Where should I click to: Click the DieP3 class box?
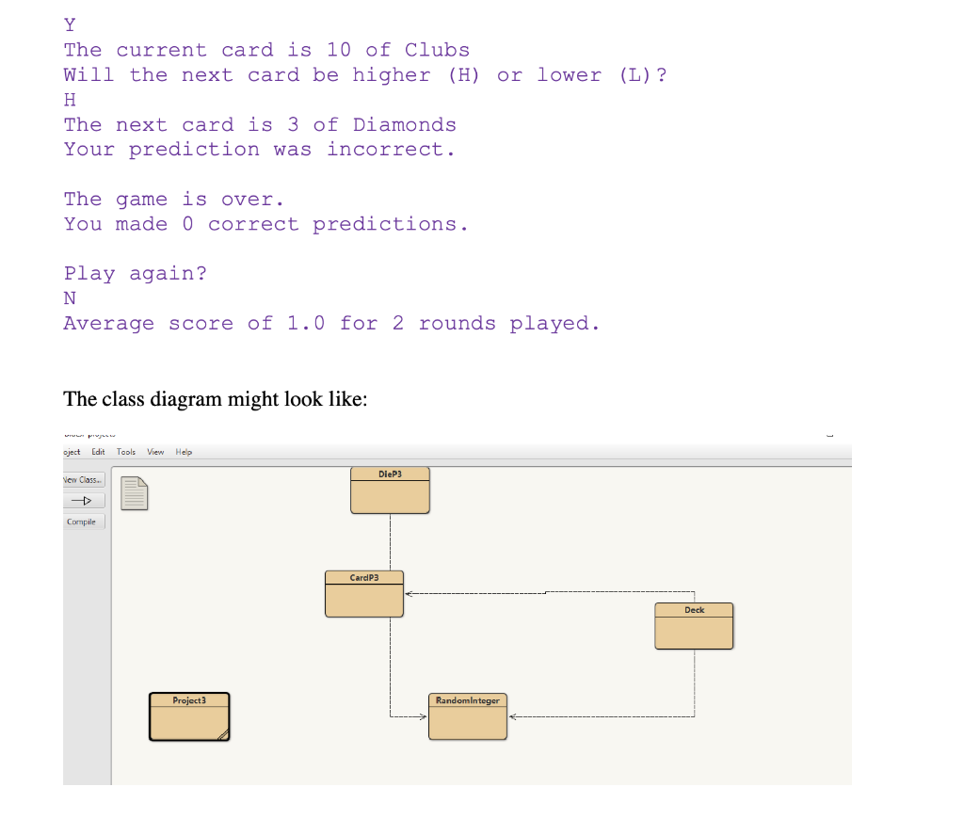pyautogui.click(x=390, y=490)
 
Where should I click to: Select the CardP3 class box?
pyautogui.click(x=363, y=594)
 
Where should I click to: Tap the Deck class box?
pyautogui.click(x=694, y=626)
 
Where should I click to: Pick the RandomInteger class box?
pyautogui.click(x=467, y=716)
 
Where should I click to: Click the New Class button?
pyautogui.click(x=84, y=480)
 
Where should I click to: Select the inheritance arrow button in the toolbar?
pyautogui.click(x=84, y=501)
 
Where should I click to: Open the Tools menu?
pyautogui.click(x=126, y=452)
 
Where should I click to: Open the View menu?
pyautogui.click(x=155, y=452)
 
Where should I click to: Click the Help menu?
pyautogui.click(x=184, y=452)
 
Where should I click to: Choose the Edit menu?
pyautogui.click(x=98, y=452)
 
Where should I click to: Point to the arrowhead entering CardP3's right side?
pyautogui.click(x=409, y=594)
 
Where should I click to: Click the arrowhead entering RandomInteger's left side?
pyautogui.click(x=424, y=716)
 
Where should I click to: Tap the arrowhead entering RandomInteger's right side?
pyautogui.click(x=512, y=716)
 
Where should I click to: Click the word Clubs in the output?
pyautogui.click(x=437, y=50)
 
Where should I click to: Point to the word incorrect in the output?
pyautogui.click(x=390, y=149)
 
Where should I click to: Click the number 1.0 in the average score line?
pyautogui.click(x=306, y=323)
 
